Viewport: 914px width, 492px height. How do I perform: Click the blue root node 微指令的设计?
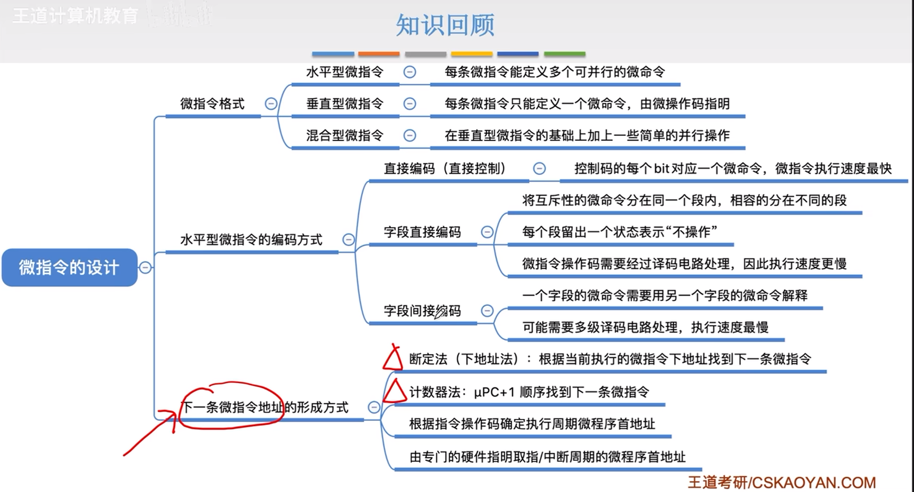click(69, 267)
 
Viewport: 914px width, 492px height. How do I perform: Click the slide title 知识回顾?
click(445, 25)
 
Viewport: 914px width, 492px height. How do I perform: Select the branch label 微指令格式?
click(212, 104)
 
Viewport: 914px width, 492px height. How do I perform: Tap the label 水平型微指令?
click(345, 72)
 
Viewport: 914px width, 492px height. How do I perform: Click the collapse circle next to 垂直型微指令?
click(410, 103)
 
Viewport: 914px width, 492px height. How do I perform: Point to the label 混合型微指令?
click(345, 136)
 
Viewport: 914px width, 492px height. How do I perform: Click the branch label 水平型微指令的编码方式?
click(251, 240)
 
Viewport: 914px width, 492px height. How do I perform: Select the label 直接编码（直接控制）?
click(445, 169)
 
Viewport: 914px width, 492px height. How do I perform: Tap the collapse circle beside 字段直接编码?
click(487, 232)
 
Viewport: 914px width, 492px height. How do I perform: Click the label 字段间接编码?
click(422, 311)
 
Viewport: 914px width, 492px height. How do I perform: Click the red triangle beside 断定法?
click(393, 359)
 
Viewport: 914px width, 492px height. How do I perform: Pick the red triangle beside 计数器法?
click(395, 391)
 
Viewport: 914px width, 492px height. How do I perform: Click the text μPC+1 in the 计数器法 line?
click(494, 392)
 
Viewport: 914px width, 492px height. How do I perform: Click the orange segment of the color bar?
click(379, 54)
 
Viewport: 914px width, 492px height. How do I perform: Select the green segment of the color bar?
click(564, 54)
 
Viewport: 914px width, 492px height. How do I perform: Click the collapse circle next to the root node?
click(145, 267)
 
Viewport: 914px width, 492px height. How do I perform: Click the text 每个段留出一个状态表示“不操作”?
click(620, 232)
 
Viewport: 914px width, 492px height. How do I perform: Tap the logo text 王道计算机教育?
click(75, 16)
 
